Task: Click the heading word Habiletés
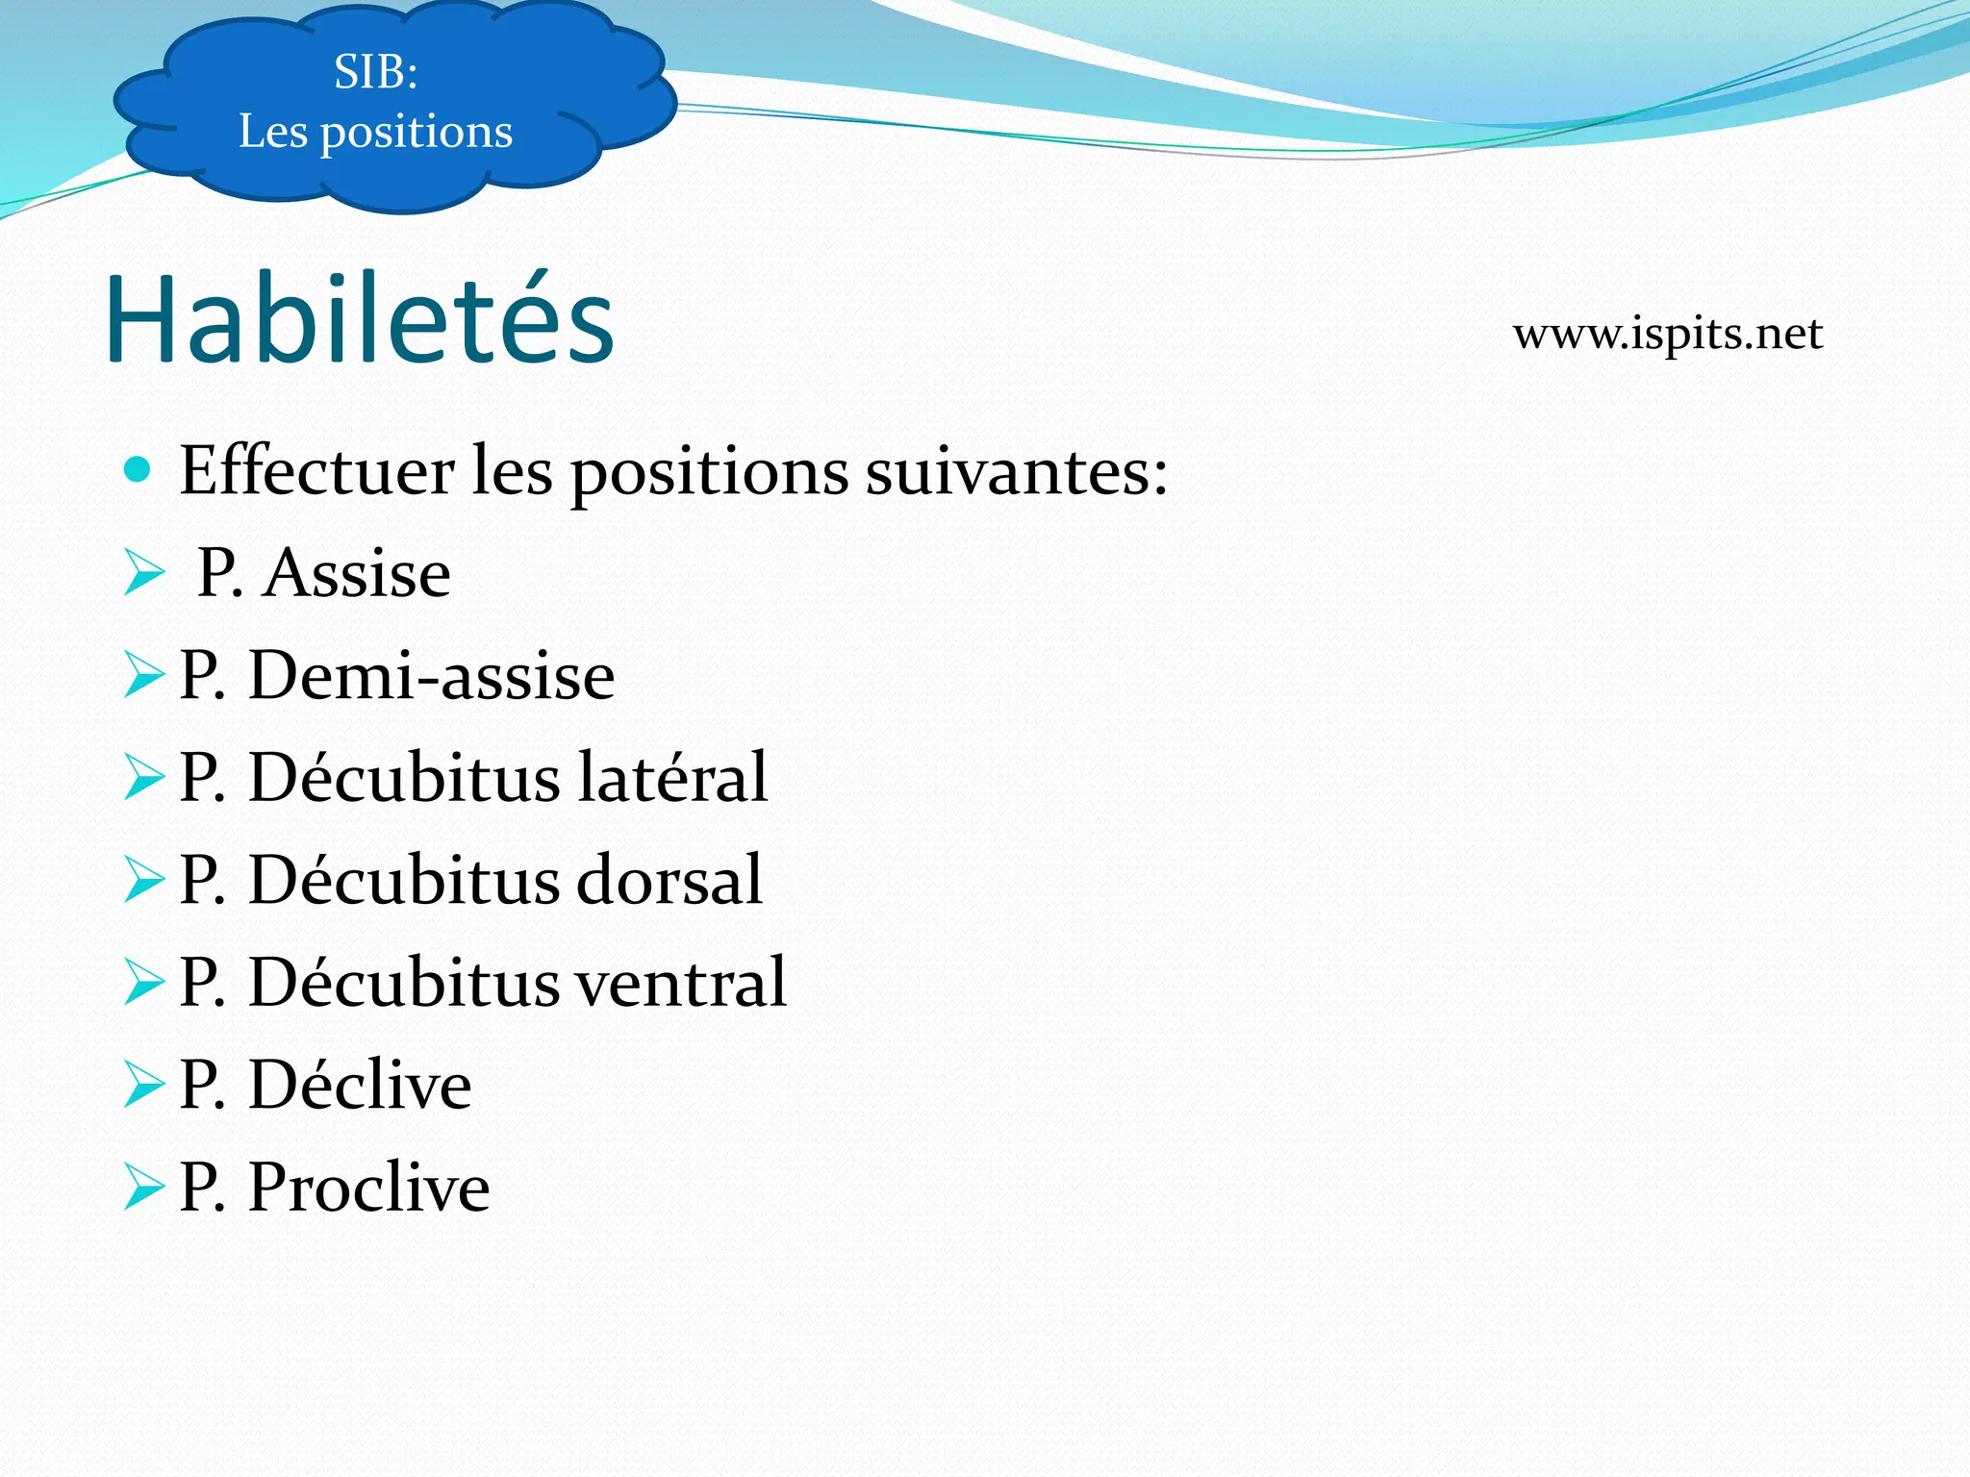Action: (x=359, y=319)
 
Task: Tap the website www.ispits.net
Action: (x=1667, y=334)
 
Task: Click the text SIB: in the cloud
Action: (x=376, y=72)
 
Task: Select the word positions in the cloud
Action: (x=416, y=133)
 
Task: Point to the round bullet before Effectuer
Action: (x=139, y=469)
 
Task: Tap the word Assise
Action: (x=357, y=574)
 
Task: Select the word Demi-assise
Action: (x=431, y=676)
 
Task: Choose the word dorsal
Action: (x=669, y=880)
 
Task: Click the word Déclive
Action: (x=360, y=1085)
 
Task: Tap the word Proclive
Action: (x=368, y=1188)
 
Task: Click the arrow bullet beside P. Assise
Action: (x=144, y=574)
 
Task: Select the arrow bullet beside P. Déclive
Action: (x=144, y=1085)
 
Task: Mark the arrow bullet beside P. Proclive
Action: (x=144, y=1188)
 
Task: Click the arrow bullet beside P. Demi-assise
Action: (x=144, y=676)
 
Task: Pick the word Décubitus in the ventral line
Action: (x=404, y=983)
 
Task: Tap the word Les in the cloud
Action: (x=273, y=132)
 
